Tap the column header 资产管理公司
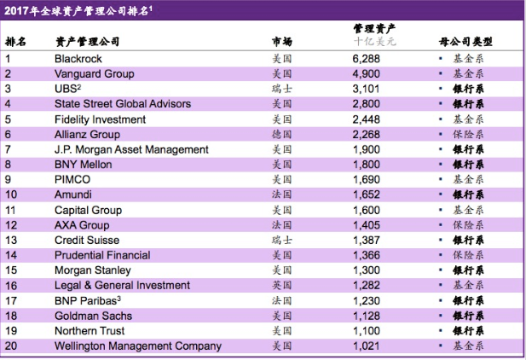pyautogui.click(x=88, y=41)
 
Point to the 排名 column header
pyautogui.click(x=16, y=41)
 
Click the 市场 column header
pyautogui.click(x=282, y=41)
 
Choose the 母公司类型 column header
pyautogui.click(x=466, y=41)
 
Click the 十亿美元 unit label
pyautogui.click(x=374, y=41)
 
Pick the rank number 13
pyautogui.click(x=11, y=240)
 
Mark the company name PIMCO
pyautogui.click(x=72, y=179)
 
